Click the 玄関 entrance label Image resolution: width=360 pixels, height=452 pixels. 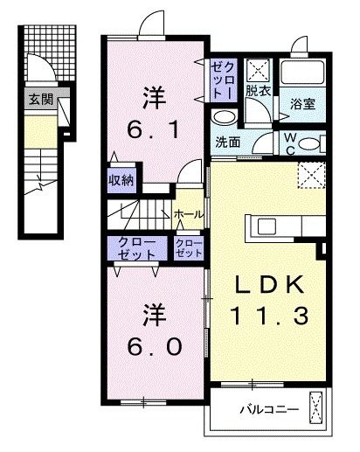coord(41,100)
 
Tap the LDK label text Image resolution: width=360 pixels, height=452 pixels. coord(270,285)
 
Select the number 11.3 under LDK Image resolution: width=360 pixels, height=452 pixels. coord(269,316)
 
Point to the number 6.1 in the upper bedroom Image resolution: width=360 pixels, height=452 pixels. coord(153,130)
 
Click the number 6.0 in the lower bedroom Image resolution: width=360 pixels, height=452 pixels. coord(155,347)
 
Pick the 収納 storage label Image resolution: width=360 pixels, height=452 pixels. coord(121,181)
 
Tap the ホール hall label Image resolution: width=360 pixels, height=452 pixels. coord(189,215)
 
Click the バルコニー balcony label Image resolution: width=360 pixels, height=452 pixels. coord(269,409)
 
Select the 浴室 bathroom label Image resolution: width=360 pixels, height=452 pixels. coord(302,104)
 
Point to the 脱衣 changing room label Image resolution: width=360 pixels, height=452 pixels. coord(259,91)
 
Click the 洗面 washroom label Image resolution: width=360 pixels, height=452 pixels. coord(228,143)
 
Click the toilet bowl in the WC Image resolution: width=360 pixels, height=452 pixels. coord(310,144)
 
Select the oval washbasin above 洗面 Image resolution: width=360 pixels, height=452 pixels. coord(224,118)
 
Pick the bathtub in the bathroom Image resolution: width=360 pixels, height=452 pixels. coord(302,73)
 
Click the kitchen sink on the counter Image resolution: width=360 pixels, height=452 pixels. coord(267,226)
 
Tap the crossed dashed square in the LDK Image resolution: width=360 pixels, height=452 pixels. coord(311,176)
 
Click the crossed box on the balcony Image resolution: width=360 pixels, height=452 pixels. coord(316,407)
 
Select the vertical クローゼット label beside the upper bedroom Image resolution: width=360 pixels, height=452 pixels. coord(223,80)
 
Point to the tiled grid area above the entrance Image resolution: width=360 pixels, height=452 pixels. coord(50,53)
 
